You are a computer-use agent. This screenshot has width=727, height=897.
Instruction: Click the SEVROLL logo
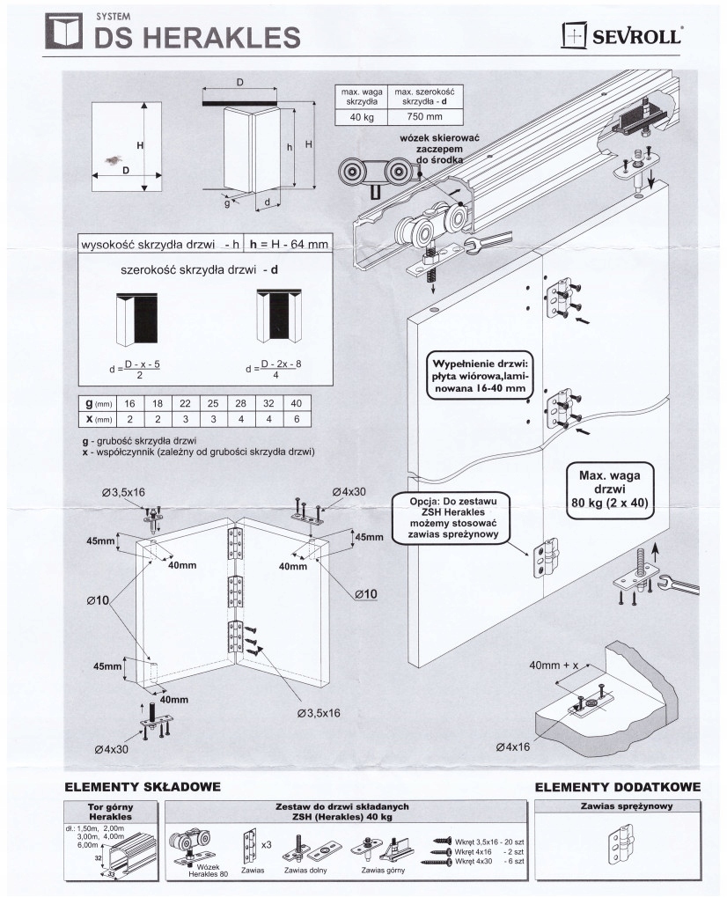pos(621,35)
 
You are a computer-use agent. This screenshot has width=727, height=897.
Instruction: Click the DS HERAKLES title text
pos(197,37)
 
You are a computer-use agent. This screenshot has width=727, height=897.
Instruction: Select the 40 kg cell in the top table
pos(362,117)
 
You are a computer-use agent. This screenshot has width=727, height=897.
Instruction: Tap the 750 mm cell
pos(424,117)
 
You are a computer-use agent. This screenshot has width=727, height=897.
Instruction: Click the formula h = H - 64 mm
pos(289,244)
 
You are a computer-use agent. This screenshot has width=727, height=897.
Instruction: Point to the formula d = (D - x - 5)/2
pos(135,369)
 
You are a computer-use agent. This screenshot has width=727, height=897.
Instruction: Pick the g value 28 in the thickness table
pos(241,403)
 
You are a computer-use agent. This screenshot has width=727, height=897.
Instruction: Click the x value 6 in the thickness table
pos(297,419)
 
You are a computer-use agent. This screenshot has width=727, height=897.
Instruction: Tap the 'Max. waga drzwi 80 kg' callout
pos(610,489)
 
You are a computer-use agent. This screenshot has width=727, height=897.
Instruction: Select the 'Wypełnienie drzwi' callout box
pos(480,376)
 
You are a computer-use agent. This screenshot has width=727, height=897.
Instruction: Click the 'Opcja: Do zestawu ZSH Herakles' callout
pos(453,518)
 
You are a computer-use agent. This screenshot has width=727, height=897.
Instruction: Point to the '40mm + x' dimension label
pos(554,665)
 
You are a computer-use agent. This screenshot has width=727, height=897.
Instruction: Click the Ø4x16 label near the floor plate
pos(513,746)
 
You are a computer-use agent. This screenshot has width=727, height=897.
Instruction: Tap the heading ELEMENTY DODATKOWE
pos(618,787)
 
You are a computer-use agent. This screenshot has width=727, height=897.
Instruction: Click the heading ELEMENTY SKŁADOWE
pos(143,787)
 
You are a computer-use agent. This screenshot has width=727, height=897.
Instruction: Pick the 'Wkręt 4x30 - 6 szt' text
pos(489,861)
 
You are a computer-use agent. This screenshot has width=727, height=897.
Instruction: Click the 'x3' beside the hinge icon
pos(266,845)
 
